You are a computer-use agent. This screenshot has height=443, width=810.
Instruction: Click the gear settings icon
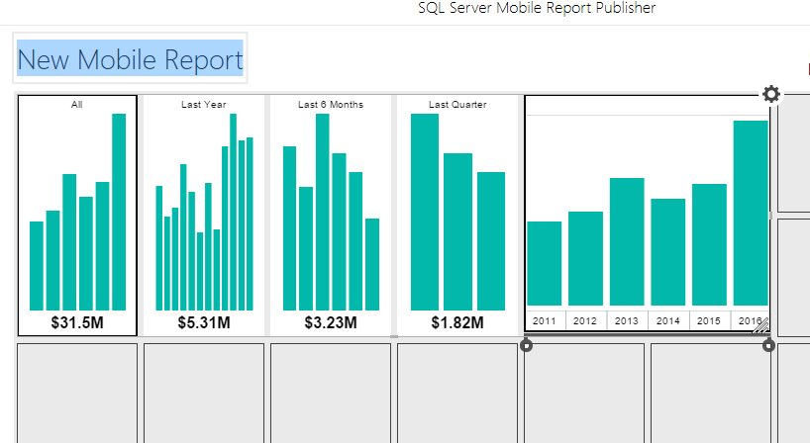771,94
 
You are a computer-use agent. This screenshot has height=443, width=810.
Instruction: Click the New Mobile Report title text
130,59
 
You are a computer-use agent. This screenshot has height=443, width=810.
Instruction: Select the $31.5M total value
77,322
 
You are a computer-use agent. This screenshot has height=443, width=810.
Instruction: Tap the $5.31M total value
204,322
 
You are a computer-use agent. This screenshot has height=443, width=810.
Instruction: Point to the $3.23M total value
331,322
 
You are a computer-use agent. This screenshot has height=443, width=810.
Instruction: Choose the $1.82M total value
457,322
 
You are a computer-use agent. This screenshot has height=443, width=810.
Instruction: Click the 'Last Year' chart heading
204,104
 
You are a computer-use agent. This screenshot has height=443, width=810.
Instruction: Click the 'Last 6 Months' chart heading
331,104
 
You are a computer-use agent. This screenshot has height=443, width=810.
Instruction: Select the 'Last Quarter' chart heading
457,104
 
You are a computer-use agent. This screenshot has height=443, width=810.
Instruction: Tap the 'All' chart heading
77,104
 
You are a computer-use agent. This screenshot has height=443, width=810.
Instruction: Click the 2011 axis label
545,320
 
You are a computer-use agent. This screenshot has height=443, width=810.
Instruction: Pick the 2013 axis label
627,320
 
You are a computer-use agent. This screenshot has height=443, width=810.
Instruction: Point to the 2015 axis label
709,320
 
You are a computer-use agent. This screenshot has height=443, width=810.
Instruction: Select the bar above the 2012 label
585,258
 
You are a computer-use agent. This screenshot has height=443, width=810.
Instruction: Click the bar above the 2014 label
667,251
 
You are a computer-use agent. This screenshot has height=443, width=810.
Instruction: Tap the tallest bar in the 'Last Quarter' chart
425,212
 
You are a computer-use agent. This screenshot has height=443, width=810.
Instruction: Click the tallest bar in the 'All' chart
119,212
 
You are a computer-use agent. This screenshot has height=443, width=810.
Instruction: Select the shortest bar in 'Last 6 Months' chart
372,264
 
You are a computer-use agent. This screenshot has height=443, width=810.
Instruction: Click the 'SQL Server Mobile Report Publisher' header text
537,8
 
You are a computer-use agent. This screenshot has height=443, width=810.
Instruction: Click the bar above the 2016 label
750,212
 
